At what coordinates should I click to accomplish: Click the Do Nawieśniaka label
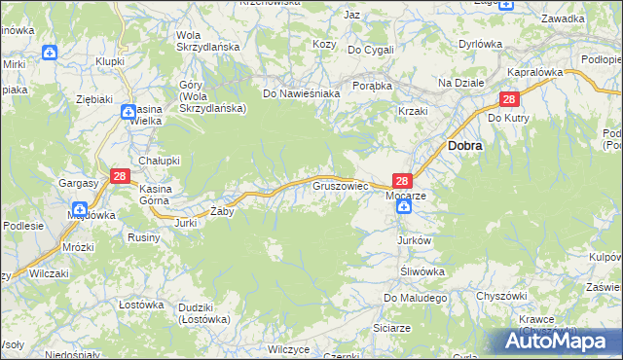[301, 93]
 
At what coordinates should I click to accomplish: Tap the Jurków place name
[414, 239]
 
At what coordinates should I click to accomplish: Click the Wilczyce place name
[288, 348]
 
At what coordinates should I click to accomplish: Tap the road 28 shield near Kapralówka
[509, 99]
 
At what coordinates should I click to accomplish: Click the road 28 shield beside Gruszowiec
[404, 180]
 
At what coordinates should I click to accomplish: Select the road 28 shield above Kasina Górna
[120, 176]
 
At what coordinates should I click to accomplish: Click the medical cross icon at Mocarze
[403, 207]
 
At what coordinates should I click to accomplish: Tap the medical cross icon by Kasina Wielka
[128, 113]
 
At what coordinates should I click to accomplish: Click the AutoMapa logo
[555, 341]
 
